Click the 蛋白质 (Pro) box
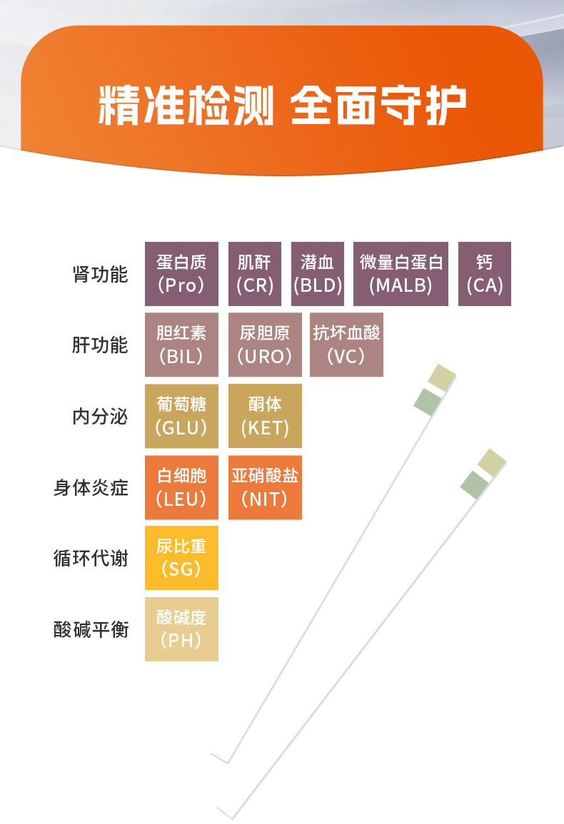click(x=181, y=274)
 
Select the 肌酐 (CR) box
click(x=255, y=274)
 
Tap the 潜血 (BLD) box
click(x=318, y=274)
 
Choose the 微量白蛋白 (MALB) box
click(x=401, y=274)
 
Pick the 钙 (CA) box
click(x=485, y=274)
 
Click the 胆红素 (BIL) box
click(x=181, y=345)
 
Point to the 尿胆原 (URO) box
click(x=265, y=345)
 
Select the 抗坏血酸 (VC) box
click(x=346, y=345)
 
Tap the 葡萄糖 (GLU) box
click(x=181, y=416)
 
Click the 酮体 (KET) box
click(x=265, y=416)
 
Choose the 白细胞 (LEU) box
click(x=181, y=487)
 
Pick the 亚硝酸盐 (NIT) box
click(x=265, y=487)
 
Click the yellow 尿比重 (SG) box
click(x=181, y=558)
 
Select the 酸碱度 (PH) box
click(x=181, y=629)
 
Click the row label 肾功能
click(x=100, y=275)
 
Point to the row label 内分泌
click(x=100, y=417)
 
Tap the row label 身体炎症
click(x=91, y=488)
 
